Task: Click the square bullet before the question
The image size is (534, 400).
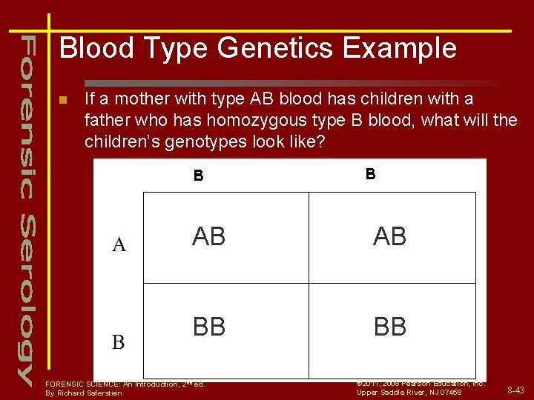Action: [x=63, y=100]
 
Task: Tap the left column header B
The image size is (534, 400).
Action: [x=198, y=176]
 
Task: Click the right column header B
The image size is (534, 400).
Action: [x=370, y=174]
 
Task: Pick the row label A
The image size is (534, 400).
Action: [x=119, y=244]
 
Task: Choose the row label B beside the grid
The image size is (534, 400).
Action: [x=119, y=342]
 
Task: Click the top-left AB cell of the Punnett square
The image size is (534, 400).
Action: [x=209, y=236]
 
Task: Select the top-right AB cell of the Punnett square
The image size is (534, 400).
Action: [x=389, y=236]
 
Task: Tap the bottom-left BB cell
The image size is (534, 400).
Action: [x=209, y=327]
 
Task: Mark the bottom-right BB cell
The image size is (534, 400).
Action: [x=389, y=327]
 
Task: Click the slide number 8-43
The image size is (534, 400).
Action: [x=515, y=390]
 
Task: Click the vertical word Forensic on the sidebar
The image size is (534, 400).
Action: [x=27, y=115]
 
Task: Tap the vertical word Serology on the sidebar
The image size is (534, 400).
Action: [x=27, y=296]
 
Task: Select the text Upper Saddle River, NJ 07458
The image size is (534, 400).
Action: [x=409, y=392]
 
